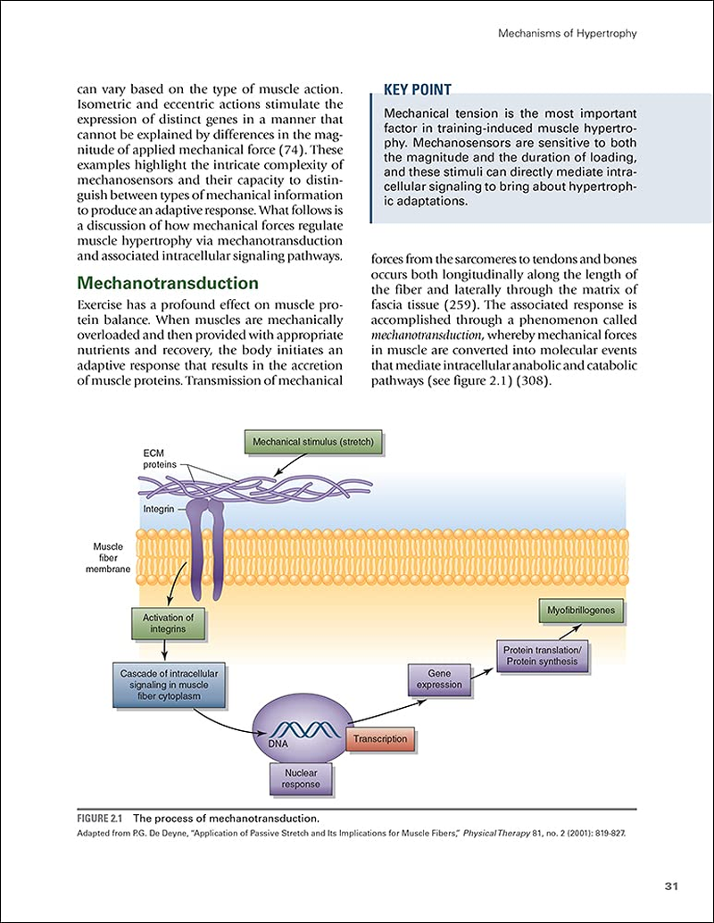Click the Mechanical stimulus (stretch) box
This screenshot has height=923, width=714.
click(312, 442)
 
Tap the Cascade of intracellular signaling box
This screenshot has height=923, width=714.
click(169, 684)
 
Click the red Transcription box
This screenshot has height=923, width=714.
click(380, 739)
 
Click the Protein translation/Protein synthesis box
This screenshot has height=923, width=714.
click(541, 655)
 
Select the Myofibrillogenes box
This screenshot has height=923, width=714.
click(581, 611)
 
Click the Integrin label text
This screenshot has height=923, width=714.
click(160, 509)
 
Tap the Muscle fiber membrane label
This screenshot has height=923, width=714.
click(113, 558)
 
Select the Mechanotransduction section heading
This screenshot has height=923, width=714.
click(168, 284)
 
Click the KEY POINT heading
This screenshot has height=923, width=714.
click(417, 89)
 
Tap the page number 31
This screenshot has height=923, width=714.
click(672, 886)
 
